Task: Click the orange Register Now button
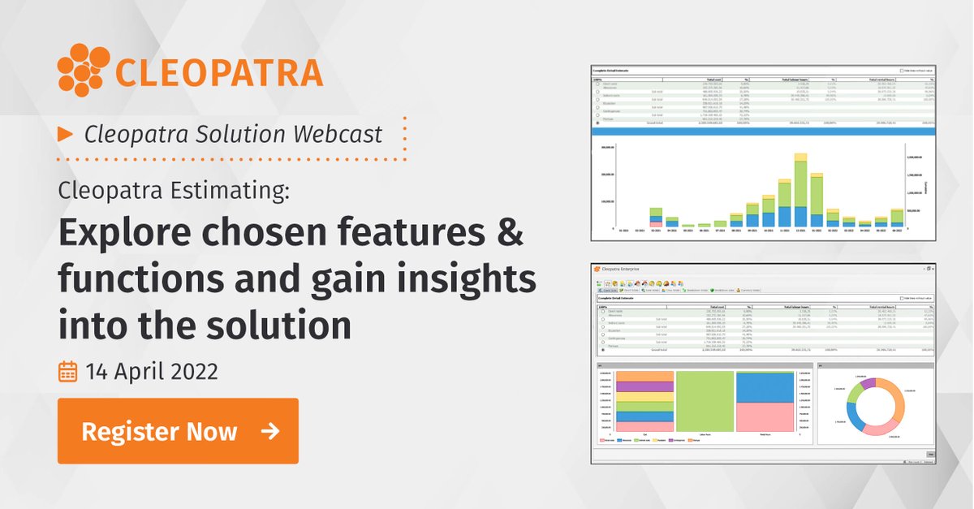tap(178, 430)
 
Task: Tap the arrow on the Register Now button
tap(270, 431)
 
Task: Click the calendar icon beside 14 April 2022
tap(68, 372)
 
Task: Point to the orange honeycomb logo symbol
tap(83, 70)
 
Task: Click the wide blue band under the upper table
tap(763, 130)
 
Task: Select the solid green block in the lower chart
tap(705, 401)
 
